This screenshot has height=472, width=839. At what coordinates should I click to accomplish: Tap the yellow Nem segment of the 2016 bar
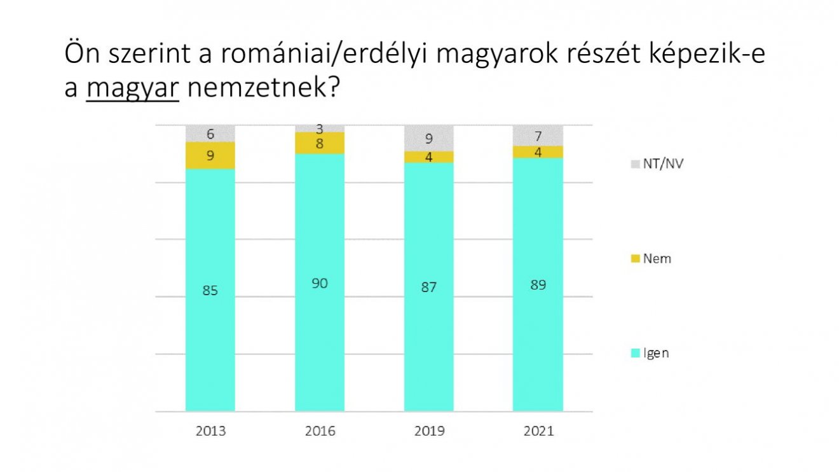click(320, 143)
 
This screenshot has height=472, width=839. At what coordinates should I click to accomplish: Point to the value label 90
click(320, 283)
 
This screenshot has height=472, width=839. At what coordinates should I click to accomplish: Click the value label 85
click(210, 291)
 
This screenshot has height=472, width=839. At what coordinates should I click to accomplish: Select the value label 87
click(429, 287)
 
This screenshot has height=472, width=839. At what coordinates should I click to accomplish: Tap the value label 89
click(538, 284)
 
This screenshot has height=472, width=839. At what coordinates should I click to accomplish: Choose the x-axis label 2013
click(210, 431)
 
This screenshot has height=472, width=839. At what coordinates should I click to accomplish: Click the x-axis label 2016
click(320, 431)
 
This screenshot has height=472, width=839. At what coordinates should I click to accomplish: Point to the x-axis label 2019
click(429, 431)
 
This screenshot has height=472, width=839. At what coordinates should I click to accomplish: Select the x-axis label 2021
click(538, 431)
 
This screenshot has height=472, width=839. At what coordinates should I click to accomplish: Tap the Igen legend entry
click(651, 353)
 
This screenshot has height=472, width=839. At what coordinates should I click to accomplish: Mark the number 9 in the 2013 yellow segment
click(210, 155)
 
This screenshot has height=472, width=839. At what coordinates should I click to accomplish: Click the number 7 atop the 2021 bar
click(538, 135)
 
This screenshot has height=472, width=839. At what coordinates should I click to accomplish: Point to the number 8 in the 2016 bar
click(320, 143)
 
